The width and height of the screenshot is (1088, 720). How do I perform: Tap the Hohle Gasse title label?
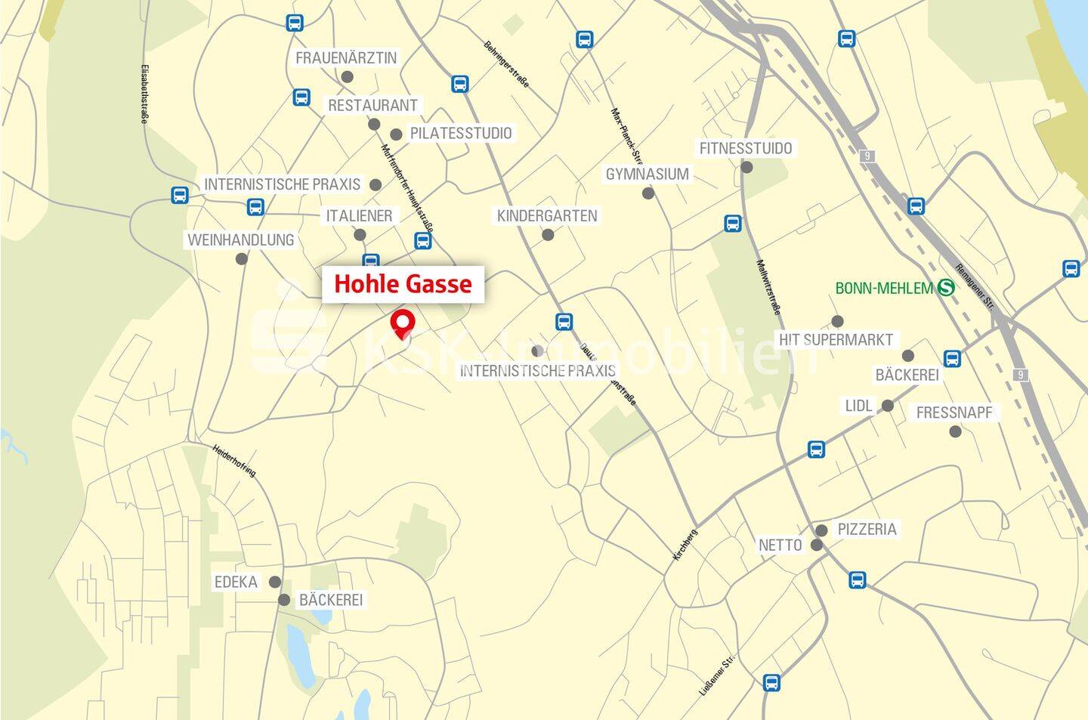(403, 284)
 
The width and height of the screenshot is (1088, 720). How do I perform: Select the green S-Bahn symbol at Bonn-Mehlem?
(945, 288)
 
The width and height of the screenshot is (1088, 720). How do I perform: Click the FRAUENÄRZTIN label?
(346, 58)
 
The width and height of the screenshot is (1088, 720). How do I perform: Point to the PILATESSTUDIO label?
(461, 133)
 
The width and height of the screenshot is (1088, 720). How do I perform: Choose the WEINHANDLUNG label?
(241, 240)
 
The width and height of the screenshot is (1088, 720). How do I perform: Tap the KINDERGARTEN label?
(547, 216)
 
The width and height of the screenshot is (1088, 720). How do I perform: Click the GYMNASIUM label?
(648, 175)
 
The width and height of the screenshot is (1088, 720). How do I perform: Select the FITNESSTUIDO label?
(746, 148)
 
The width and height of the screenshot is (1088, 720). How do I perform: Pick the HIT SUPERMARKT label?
(836, 340)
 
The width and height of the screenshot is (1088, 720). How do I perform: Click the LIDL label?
(859, 406)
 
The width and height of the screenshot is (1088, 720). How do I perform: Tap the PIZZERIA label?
(867, 529)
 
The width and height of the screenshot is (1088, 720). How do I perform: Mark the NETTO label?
(780, 545)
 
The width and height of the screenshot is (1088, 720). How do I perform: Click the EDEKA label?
(236, 582)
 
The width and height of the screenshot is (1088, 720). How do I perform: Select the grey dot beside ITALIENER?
(360, 235)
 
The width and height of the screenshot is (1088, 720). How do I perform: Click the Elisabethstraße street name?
(144, 94)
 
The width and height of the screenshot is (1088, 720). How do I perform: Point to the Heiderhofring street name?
(234, 460)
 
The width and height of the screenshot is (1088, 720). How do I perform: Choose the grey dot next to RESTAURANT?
(373, 124)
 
